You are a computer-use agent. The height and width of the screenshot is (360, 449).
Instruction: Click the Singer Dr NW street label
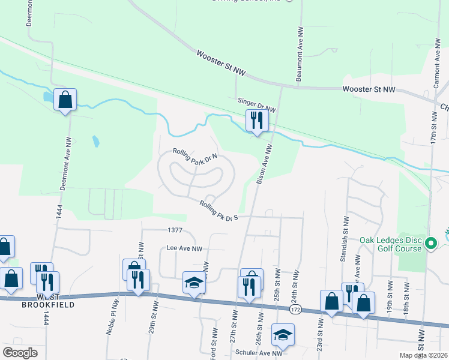pos(256,106)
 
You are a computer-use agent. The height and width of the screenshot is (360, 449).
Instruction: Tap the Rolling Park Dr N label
pos(194,157)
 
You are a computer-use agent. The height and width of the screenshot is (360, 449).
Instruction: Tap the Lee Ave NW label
pos(185,248)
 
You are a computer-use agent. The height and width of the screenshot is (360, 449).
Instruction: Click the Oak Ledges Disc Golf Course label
pos(391,245)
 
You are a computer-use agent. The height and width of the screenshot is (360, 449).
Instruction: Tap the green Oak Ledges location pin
pos(430,244)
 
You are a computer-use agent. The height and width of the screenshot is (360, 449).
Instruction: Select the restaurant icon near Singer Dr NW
pos(256,121)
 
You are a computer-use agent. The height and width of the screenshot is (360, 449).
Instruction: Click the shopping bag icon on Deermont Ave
pos(65,100)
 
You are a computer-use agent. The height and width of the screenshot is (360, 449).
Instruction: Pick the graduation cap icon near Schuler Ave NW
pos(283,334)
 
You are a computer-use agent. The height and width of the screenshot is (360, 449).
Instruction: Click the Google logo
pos(20,353)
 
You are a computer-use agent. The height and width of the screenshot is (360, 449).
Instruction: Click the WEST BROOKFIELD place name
pos(46,301)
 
